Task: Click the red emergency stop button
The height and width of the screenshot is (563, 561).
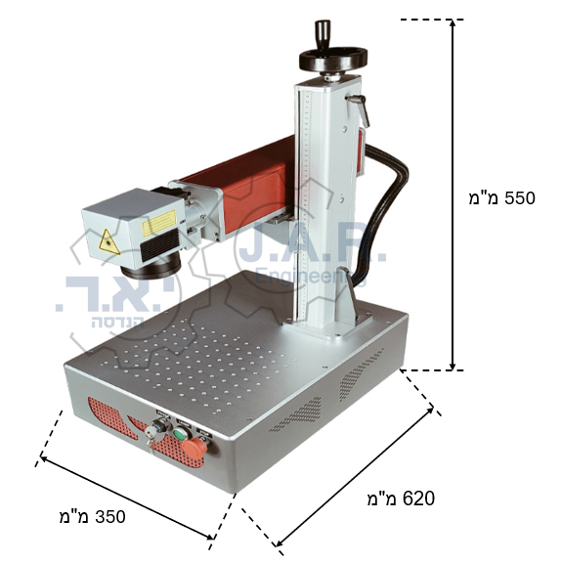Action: click(x=194, y=447)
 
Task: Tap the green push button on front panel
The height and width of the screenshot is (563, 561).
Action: click(x=180, y=433)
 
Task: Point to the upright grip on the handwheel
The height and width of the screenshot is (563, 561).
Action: click(x=323, y=34)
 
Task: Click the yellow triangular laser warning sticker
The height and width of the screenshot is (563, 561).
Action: click(x=109, y=242)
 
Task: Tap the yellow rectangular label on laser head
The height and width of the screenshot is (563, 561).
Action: click(x=159, y=223)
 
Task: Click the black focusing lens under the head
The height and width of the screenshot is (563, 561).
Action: click(x=151, y=267)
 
